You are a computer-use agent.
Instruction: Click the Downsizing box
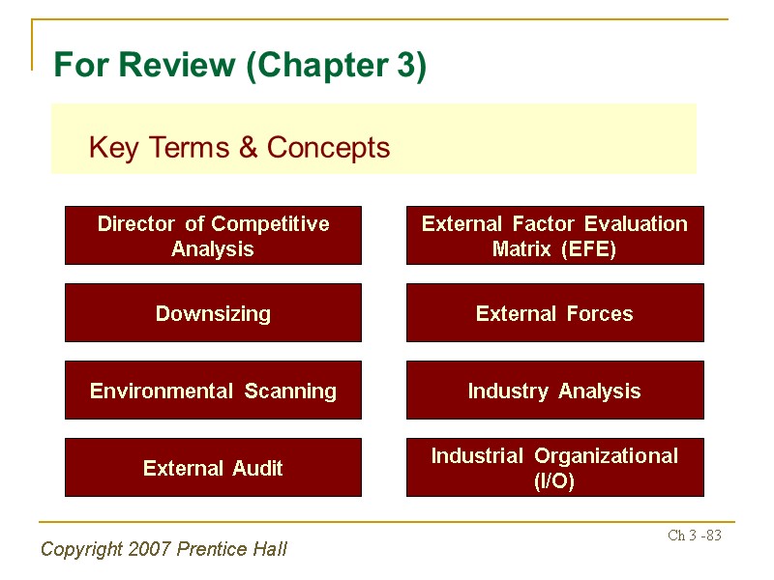(213, 313)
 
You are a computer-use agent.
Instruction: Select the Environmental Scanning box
(213, 391)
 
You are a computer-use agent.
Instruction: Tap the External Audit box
(213, 468)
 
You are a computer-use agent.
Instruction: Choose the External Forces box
(554, 313)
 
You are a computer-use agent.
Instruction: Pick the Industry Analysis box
(554, 391)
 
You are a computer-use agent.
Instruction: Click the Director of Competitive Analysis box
(213, 236)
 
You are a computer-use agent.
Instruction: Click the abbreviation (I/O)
(554, 481)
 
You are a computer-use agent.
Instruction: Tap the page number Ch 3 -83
(695, 536)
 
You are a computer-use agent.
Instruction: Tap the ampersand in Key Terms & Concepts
(248, 148)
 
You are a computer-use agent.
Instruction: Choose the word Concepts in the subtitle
(328, 148)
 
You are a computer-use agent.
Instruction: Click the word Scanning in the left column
(290, 391)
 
